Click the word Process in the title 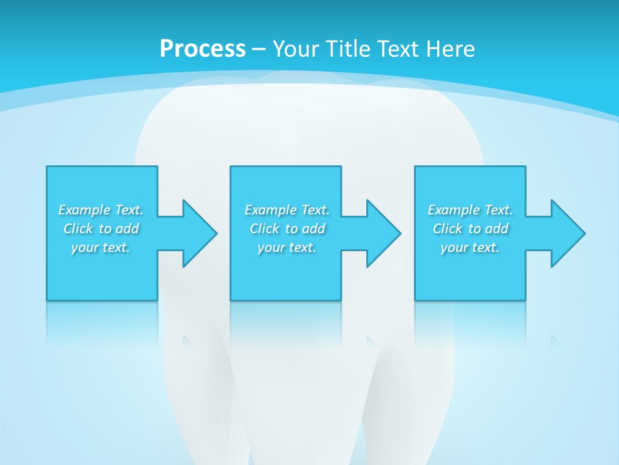[x=202, y=48]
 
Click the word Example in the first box [x=84, y=210]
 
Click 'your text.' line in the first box [x=101, y=247]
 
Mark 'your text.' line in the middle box [x=287, y=247]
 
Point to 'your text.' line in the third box [x=470, y=247]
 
